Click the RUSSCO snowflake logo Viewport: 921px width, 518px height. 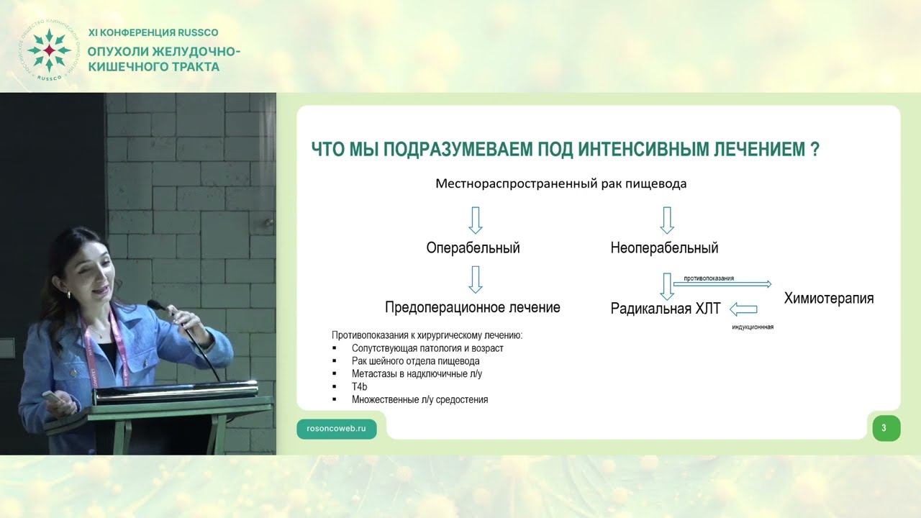(x=48, y=50)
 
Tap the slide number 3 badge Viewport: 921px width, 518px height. (x=884, y=428)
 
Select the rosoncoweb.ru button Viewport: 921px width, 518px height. (x=336, y=428)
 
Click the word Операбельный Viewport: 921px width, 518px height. (x=473, y=248)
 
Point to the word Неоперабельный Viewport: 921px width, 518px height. (x=664, y=248)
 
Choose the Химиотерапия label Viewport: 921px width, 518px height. (x=829, y=298)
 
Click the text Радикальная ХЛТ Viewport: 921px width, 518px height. (x=666, y=309)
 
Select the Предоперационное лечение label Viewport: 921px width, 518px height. (x=473, y=307)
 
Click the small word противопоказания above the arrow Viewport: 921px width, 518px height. (x=704, y=278)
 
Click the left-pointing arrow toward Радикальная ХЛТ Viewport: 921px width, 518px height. (x=743, y=309)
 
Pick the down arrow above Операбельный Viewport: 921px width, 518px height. (x=475, y=219)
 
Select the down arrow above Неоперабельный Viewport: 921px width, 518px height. (x=666, y=219)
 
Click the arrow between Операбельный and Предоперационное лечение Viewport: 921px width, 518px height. (x=475, y=279)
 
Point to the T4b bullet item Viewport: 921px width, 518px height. (x=360, y=386)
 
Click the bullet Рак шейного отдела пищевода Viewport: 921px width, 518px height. (x=415, y=361)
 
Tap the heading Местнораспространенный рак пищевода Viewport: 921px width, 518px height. (x=561, y=183)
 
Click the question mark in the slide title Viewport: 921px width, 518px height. (x=815, y=150)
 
